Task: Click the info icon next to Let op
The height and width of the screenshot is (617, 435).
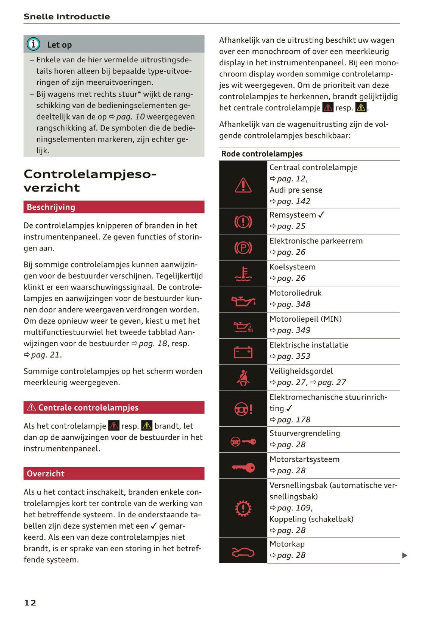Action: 33,44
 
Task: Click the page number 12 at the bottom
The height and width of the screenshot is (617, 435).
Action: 30,602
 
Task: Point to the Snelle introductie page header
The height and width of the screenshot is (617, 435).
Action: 67,16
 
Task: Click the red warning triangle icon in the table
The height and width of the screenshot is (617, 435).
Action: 243,185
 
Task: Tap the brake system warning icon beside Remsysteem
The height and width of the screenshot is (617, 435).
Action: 243,222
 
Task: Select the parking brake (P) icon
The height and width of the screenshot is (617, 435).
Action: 243,247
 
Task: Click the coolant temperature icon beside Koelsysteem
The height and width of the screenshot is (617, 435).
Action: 243,274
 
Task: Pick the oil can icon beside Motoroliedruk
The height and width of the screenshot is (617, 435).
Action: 243,300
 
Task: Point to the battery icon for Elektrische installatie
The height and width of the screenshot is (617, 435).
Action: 243,352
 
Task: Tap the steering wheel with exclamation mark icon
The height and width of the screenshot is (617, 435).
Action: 243,409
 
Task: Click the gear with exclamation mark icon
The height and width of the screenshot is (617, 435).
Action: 243,508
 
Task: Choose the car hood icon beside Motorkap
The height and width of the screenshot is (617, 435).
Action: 243,551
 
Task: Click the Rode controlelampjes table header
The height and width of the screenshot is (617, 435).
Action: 262,154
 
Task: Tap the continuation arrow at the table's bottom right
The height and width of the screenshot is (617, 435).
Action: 404,555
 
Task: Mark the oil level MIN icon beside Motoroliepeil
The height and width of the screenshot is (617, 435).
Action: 243,327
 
